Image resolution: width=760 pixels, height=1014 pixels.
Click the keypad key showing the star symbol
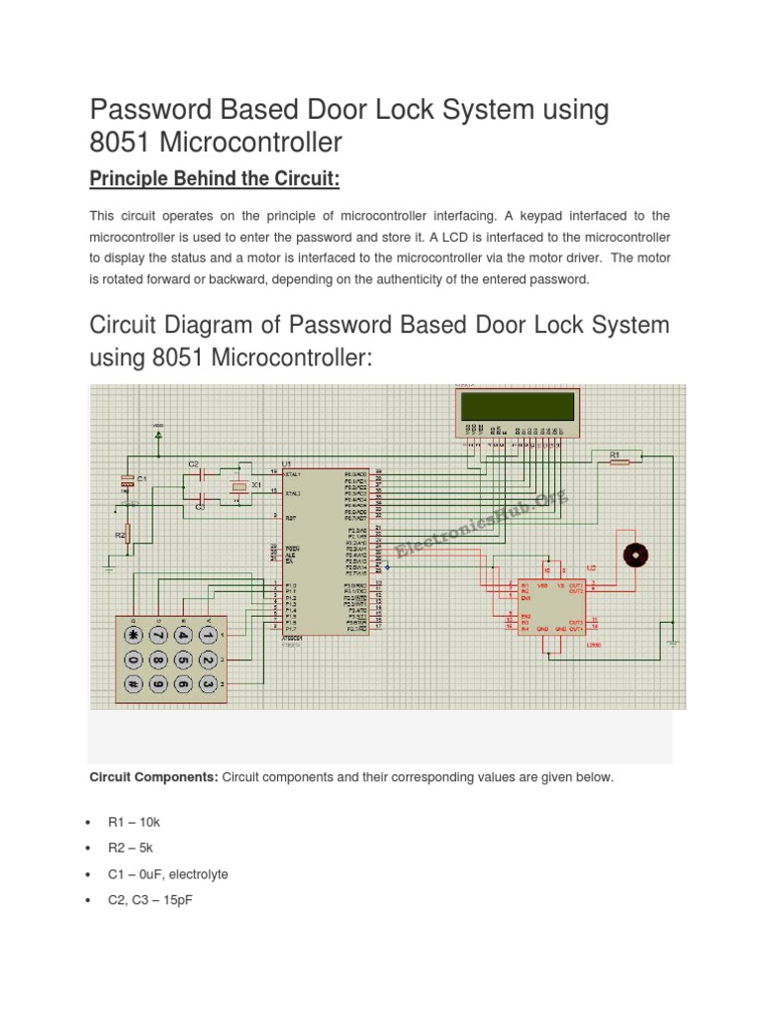[131, 635]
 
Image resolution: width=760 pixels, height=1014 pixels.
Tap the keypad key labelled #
[131, 683]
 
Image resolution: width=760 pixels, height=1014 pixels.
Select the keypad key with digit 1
[208, 635]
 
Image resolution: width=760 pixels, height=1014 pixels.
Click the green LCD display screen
[516, 407]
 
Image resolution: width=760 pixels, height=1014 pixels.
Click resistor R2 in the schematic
[127, 535]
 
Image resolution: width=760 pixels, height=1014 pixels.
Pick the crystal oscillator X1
[237, 486]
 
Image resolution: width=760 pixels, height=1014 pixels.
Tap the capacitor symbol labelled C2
[203, 474]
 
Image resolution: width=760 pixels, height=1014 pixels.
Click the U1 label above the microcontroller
[286, 463]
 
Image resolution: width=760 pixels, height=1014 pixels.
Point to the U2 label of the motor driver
[591, 568]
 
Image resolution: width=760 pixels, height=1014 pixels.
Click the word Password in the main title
[147, 109]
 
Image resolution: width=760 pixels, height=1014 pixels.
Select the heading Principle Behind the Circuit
[215, 178]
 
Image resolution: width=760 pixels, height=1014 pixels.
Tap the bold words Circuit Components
[153, 777]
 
